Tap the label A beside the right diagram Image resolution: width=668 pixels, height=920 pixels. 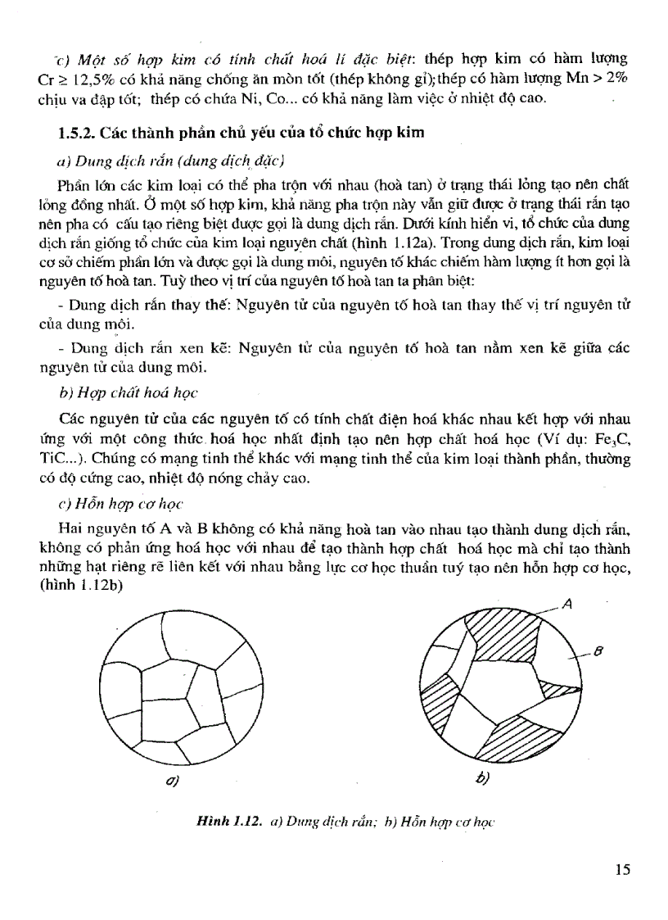[x=567, y=605]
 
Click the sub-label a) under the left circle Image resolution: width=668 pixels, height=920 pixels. [x=173, y=781]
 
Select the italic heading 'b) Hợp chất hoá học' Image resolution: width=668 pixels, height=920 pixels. [x=128, y=393]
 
